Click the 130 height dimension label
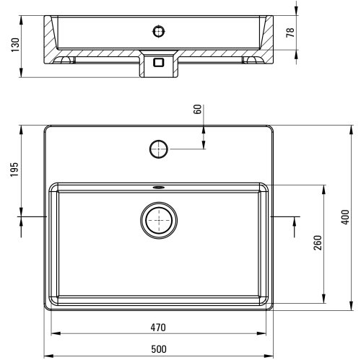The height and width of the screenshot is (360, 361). pyautogui.click(x=15, y=45)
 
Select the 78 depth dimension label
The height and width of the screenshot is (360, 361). pyautogui.click(x=290, y=32)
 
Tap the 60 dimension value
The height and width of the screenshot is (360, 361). pyautogui.click(x=198, y=110)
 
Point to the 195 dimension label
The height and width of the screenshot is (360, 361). pyautogui.click(x=14, y=170)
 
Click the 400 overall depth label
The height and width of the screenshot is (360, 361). pyautogui.click(x=345, y=217)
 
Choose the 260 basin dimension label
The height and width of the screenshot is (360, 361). pyautogui.click(x=318, y=243)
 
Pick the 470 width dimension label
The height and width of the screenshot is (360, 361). pyautogui.click(x=158, y=328)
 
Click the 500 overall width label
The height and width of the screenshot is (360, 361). pyautogui.click(x=159, y=349)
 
